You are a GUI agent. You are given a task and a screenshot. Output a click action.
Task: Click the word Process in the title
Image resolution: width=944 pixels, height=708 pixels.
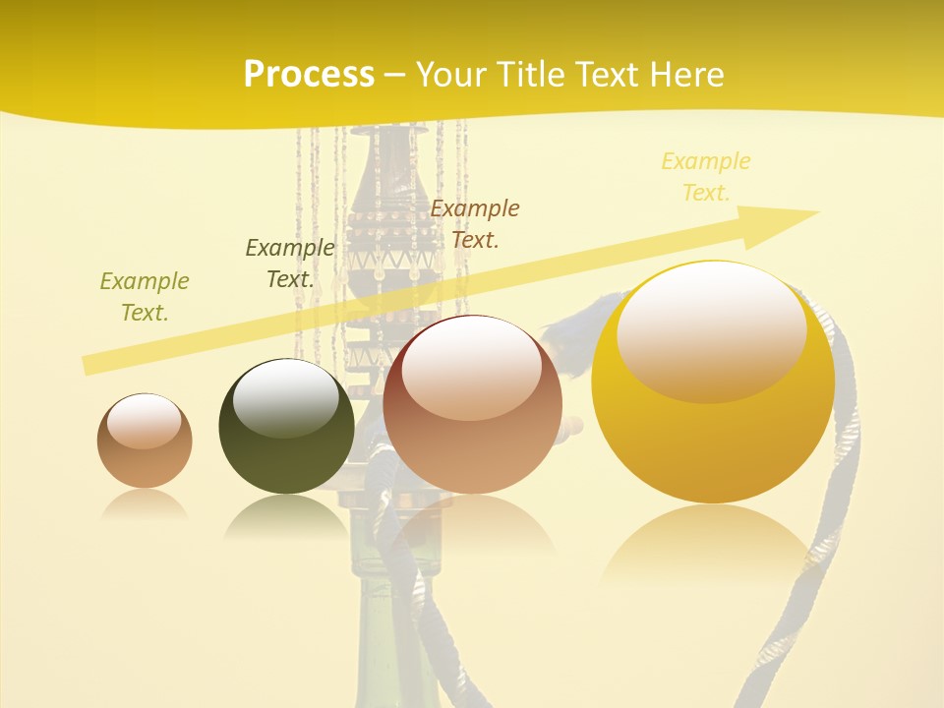click(x=309, y=75)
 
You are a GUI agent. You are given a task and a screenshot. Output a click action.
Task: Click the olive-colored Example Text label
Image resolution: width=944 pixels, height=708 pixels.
click(x=145, y=297)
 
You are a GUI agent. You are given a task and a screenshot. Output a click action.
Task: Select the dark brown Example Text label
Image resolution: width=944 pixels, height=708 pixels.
click(x=290, y=264)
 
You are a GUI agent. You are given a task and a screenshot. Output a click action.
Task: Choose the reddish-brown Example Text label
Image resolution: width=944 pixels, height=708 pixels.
click(x=475, y=223)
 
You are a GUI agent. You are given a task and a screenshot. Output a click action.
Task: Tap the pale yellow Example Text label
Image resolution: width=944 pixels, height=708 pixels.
click(x=705, y=177)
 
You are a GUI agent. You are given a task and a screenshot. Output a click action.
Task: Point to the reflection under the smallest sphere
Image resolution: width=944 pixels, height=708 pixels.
click(x=145, y=504)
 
